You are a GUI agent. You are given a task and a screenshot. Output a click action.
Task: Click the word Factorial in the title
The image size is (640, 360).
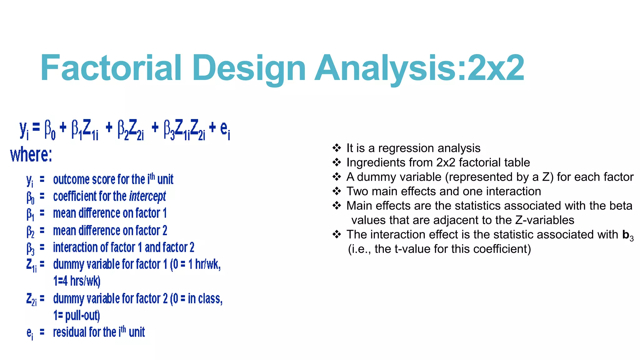pos(111,68)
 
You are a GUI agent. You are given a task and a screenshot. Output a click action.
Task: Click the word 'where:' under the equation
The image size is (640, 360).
pos(31,155)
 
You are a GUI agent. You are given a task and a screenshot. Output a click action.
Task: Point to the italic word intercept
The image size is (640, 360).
pos(147,197)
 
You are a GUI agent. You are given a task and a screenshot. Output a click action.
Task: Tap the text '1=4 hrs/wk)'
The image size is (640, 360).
pos(77,281)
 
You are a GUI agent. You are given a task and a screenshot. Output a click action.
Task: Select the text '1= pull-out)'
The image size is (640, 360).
pos(77,315)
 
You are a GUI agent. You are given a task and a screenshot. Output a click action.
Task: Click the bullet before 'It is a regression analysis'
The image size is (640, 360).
pos(337,148)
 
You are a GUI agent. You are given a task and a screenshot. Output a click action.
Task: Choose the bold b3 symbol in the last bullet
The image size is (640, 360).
pos(628,235)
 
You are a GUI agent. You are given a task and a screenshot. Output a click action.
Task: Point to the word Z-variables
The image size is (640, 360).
pos(545,220)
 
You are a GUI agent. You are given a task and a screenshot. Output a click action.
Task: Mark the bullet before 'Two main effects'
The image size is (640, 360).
pos(337,191)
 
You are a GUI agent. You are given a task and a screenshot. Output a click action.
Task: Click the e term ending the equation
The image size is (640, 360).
pos(225,129)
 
